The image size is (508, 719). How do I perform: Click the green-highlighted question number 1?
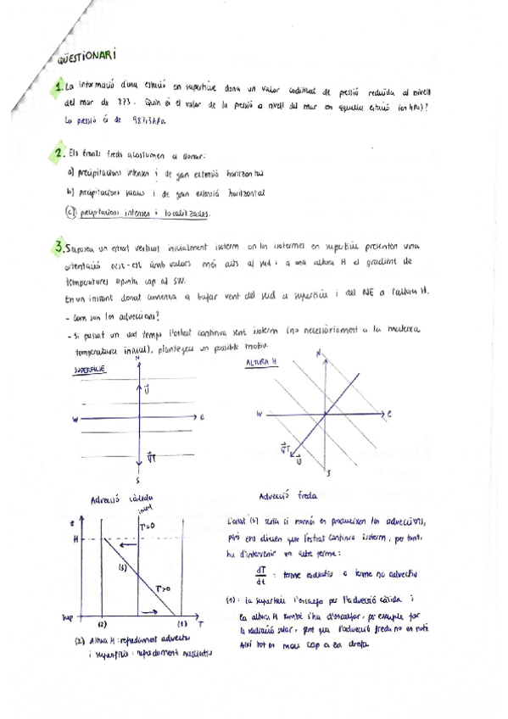point(58,86)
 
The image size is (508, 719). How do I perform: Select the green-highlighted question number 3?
point(58,248)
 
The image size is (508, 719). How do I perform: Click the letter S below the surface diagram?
point(137,480)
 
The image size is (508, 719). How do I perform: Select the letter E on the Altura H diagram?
point(389,415)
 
